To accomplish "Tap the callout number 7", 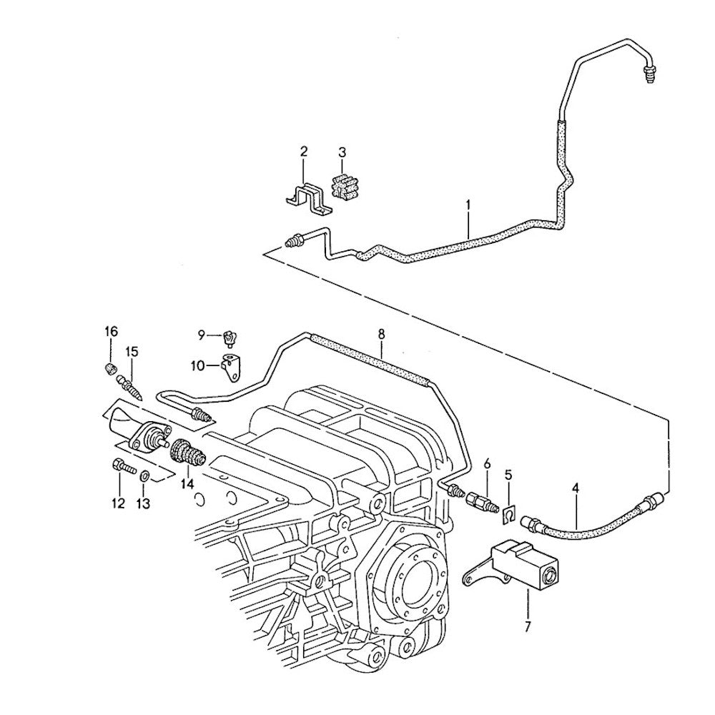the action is (x=528, y=627).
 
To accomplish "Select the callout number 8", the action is (x=381, y=334).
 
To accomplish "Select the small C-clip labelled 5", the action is (x=509, y=515).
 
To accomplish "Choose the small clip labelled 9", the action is (x=230, y=339).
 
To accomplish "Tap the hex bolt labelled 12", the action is (x=124, y=466).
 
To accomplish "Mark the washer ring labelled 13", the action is (x=143, y=476).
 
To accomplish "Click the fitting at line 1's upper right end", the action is (x=648, y=74).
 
